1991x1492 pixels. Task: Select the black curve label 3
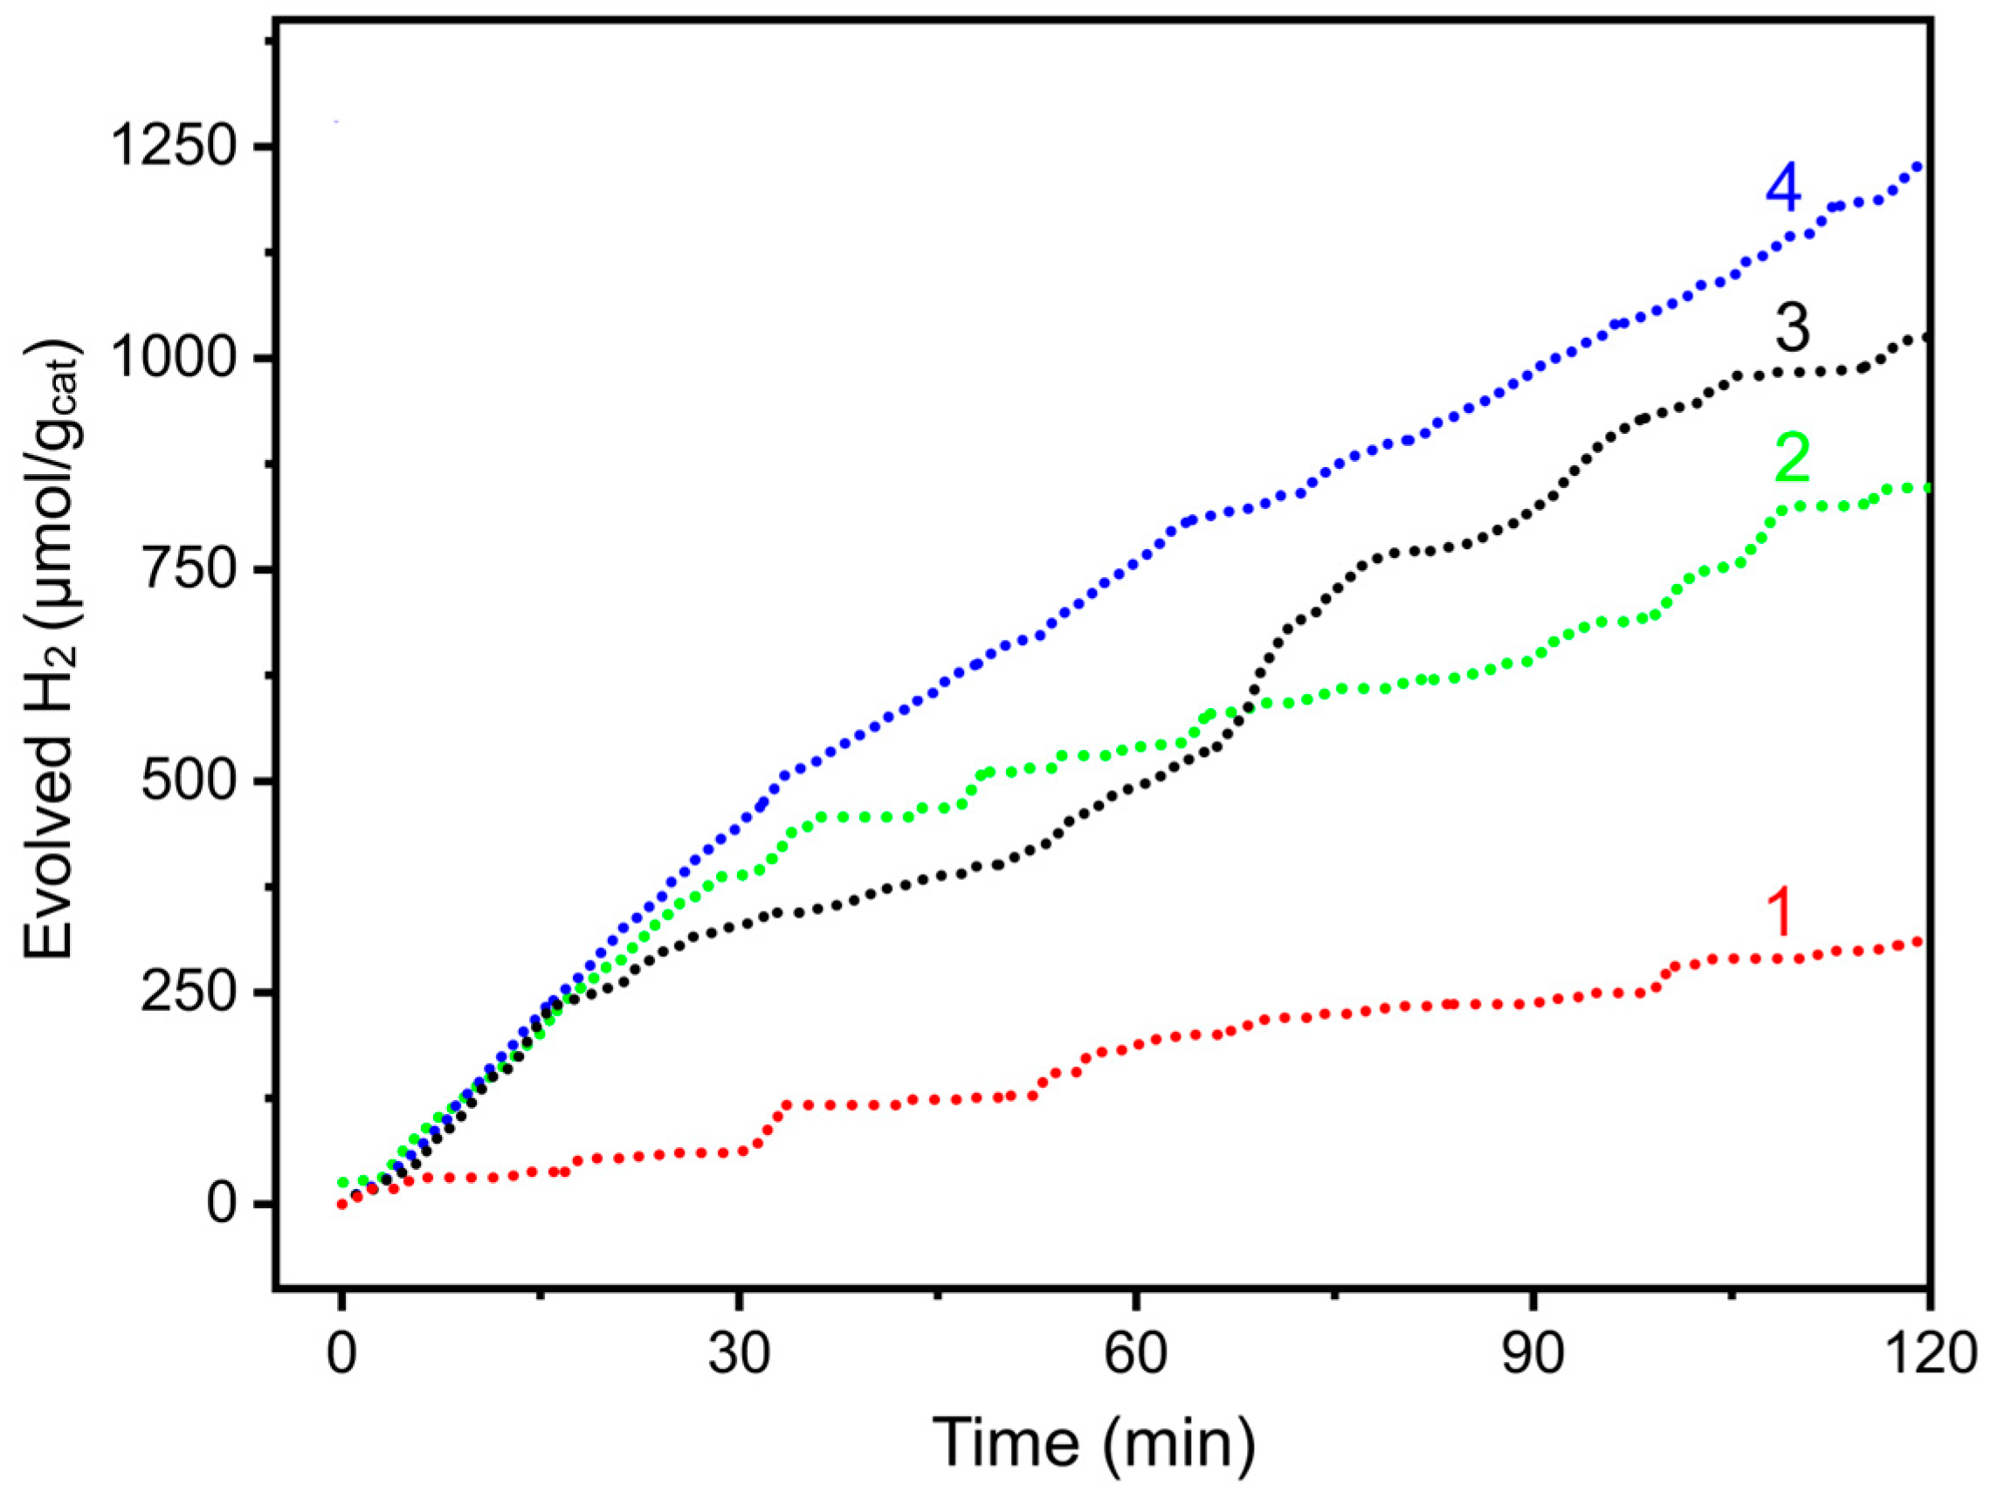click(x=1791, y=327)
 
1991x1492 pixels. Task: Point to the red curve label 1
click(x=1781, y=912)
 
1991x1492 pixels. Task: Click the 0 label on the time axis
click(x=341, y=1354)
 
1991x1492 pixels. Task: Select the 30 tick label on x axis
click(x=739, y=1354)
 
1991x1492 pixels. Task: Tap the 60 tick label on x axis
click(x=1136, y=1354)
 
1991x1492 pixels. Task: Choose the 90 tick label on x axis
click(x=1533, y=1354)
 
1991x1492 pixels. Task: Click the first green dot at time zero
click(x=342, y=1182)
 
